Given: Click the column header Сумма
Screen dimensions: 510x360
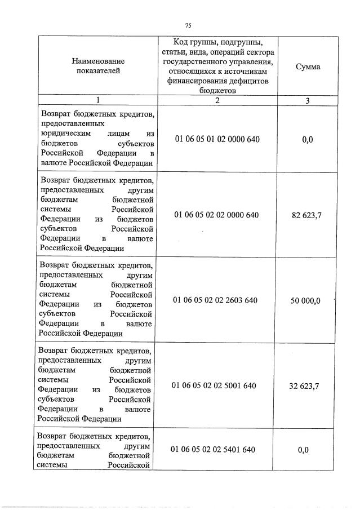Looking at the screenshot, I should [x=308, y=66].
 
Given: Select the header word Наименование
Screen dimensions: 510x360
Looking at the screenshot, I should [x=98, y=60].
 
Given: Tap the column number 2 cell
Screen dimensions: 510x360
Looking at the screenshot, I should [x=217, y=100].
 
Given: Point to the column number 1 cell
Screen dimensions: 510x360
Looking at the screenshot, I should [x=98, y=100].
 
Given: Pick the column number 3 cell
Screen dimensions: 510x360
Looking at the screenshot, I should [x=308, y=100].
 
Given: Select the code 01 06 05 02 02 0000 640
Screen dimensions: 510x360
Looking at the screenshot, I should [x=217, y=215].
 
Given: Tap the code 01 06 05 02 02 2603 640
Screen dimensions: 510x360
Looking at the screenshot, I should [x=217, y=300].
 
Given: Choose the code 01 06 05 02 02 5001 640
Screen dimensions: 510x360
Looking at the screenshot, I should [x=217, y=385].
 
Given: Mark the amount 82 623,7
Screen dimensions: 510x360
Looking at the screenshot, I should [x=306, y=215].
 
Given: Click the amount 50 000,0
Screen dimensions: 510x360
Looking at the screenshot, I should [x=305, y=300].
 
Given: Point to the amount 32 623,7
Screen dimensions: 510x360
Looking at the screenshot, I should [x=306, y=385].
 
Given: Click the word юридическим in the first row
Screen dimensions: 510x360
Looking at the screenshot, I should [x=64, y=133].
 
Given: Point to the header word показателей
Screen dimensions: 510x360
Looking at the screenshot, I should [x=98, y=70].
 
